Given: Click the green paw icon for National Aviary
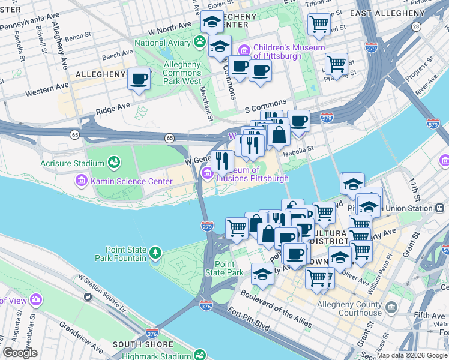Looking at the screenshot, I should click(199, 43).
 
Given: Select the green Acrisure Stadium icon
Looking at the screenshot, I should click(113, 162).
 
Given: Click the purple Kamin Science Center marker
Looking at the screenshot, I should click(81, 179).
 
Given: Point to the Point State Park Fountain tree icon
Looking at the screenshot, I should click(156, 252).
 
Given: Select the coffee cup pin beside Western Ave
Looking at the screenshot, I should click(139, 79).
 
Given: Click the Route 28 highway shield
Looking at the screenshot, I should click(416, 26).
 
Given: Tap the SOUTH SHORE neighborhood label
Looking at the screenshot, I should click(143, 344).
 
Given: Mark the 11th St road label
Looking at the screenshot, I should click(413, 189).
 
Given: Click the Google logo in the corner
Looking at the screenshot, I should click(20, 353).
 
